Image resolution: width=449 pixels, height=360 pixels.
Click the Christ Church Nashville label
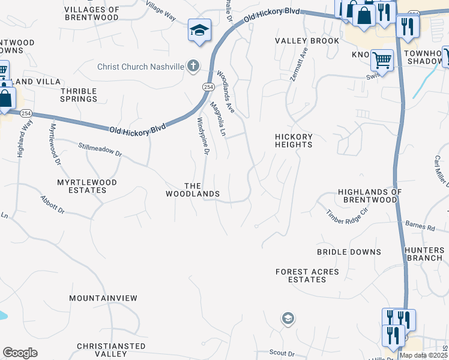tap(140, 67)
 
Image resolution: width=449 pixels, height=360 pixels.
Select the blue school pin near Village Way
tap(199, 30)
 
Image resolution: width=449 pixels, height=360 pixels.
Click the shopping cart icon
tap(382, 60)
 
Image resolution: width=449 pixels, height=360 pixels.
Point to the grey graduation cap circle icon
tap(288, 318)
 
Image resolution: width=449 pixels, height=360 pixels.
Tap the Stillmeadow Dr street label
tap(100, 149)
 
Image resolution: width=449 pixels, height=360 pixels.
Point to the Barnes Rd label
tap(423, 228)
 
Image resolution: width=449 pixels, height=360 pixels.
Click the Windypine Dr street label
tap(202, 136)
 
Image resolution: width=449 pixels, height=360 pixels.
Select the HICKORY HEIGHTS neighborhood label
tap(294, 140)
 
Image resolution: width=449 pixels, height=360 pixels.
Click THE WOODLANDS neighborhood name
tap(193, 190)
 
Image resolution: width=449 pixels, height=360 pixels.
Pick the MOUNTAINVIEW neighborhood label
tap(103, 298)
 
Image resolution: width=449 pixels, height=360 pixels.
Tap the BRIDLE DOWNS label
tap(349, 252)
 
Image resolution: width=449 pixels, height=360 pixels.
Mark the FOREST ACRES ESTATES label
tap(307, 275)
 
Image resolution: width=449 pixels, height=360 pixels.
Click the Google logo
tap(20, 352)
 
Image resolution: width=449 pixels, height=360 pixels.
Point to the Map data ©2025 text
tap(423, 355)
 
